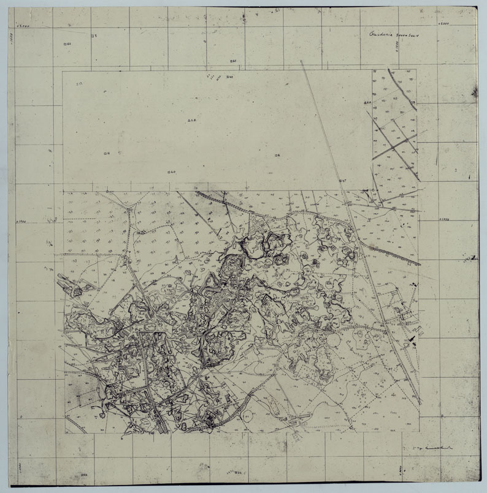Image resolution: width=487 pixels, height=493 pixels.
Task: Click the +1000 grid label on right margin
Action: pos(444,219)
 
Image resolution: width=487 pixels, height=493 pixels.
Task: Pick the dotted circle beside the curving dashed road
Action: pos(333,338)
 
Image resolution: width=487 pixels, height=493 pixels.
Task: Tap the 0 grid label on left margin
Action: pos(21,416)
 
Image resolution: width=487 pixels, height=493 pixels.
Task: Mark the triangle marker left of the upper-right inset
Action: pos(366,102)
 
